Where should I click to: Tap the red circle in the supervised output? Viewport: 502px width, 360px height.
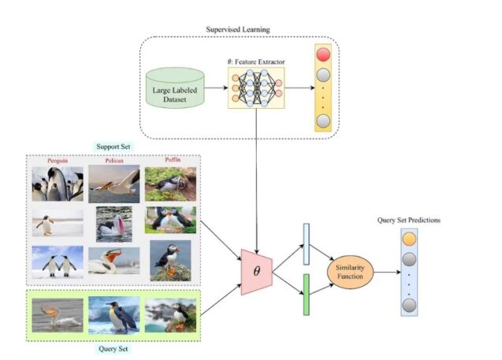tap(323, 57)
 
